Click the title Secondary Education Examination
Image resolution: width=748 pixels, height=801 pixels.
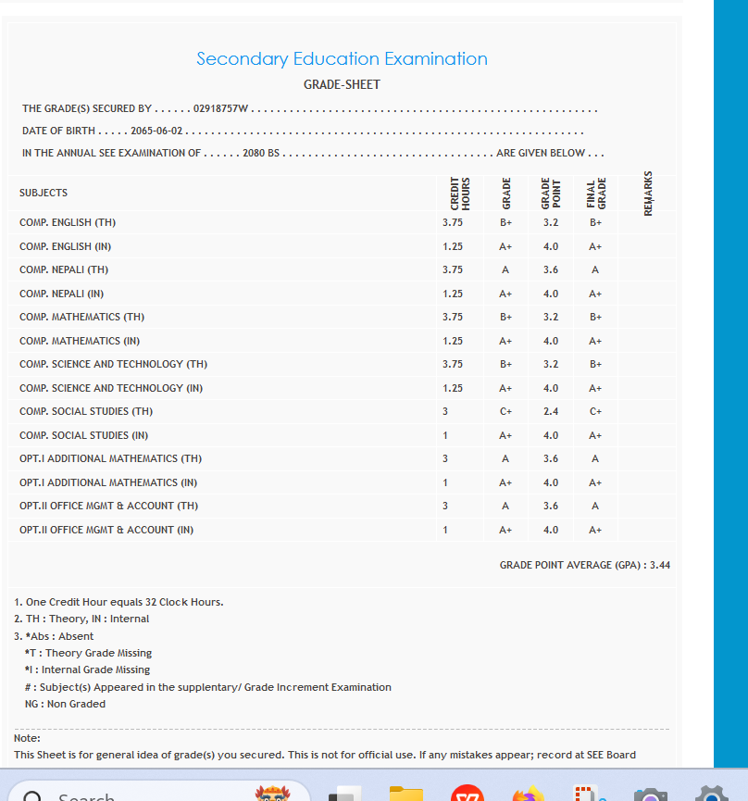click(342, 59)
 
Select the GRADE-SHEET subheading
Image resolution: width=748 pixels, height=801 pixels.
click(342, 84)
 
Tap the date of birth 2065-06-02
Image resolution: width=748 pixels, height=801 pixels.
click(156, 131)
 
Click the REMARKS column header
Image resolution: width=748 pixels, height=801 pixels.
click(648, 193)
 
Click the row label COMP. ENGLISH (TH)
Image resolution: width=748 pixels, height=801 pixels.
click(68, 223)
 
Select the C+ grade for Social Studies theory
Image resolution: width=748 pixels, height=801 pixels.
click(506, 411)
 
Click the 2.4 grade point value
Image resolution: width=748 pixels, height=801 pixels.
click(551, 411)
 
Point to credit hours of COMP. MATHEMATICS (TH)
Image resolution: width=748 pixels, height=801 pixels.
click(453, 317)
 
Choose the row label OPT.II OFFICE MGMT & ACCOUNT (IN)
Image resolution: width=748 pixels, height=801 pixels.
click(106, 530)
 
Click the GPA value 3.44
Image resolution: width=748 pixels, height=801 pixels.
click(660, 565)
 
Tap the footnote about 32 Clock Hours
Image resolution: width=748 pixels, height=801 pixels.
click(119, 602)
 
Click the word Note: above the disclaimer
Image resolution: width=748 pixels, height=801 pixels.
click(28, 738)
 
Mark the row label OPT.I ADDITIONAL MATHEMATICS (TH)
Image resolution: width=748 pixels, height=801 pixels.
click(110, 458)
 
